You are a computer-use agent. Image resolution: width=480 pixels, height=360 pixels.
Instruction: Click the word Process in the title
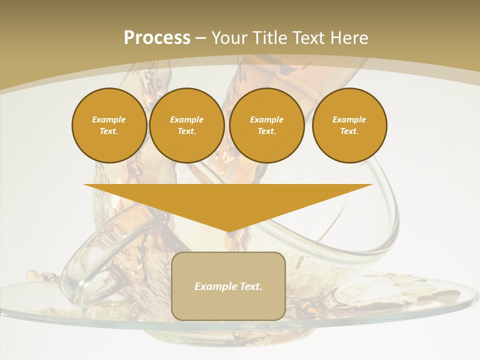157,37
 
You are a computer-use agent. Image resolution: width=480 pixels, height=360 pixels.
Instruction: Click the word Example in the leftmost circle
108,119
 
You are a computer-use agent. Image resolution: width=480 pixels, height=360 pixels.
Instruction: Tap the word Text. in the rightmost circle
349,131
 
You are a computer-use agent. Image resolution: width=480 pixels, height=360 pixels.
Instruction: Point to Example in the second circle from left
186,119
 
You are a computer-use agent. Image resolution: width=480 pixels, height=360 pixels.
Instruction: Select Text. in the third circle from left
266,131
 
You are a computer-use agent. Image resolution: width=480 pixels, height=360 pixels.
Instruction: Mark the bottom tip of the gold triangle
228,230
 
